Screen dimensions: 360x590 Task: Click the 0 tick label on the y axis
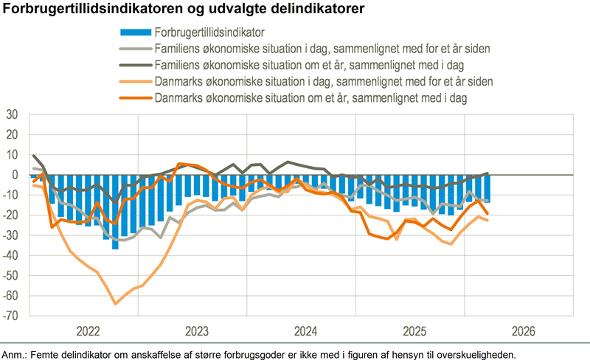pyautogui.click(x=15, y=176)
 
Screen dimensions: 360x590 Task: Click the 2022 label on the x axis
pyautogui.click(x=87, y=330)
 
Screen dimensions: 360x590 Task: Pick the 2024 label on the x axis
pyautogui.click(x=305, y=330)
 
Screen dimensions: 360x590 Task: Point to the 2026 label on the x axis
pyautogui.click(x=523, y=330)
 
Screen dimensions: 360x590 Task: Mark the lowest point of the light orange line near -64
pyautogui.click(x=115, y=303)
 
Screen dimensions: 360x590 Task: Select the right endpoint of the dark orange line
pyautogui.click(x=487, y=214)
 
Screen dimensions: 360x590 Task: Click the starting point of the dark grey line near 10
pyautogui.click(x=33, y=156)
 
